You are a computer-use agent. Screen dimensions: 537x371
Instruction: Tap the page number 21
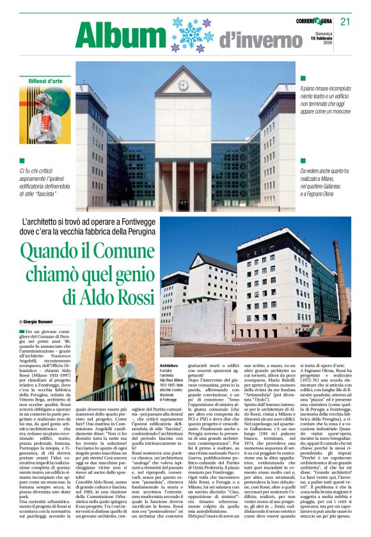[x=345, y=22]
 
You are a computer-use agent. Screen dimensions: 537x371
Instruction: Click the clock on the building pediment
[x=184, y=84]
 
